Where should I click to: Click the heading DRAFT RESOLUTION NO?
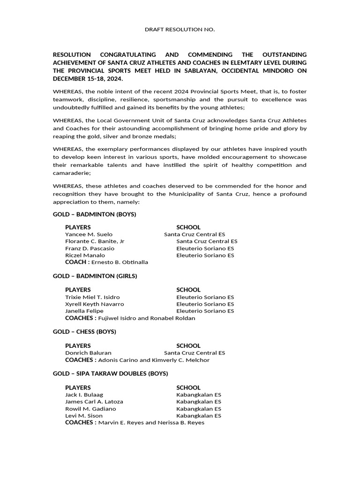[180, 30]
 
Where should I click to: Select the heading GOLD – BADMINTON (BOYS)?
[94, 214]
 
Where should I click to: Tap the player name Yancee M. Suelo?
[89, 234]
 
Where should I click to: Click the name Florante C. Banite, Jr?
[95, 241]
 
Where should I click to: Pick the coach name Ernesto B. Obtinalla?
[120, 262]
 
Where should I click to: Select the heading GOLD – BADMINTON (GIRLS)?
[95, 276]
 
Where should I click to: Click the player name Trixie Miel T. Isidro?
[92, 297]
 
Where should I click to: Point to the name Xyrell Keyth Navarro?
[94, 304]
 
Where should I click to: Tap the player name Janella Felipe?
[85, 311]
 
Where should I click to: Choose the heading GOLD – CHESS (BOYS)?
[84, 332]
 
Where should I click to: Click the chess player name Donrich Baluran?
[88, 353]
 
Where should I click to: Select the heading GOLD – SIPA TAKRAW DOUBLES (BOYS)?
[110, 374]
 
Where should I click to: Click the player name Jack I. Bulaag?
[84, 395]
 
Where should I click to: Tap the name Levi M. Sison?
[83, 416]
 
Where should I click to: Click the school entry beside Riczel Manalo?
[205, 255]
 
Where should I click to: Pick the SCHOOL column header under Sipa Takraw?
[188, 388]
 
